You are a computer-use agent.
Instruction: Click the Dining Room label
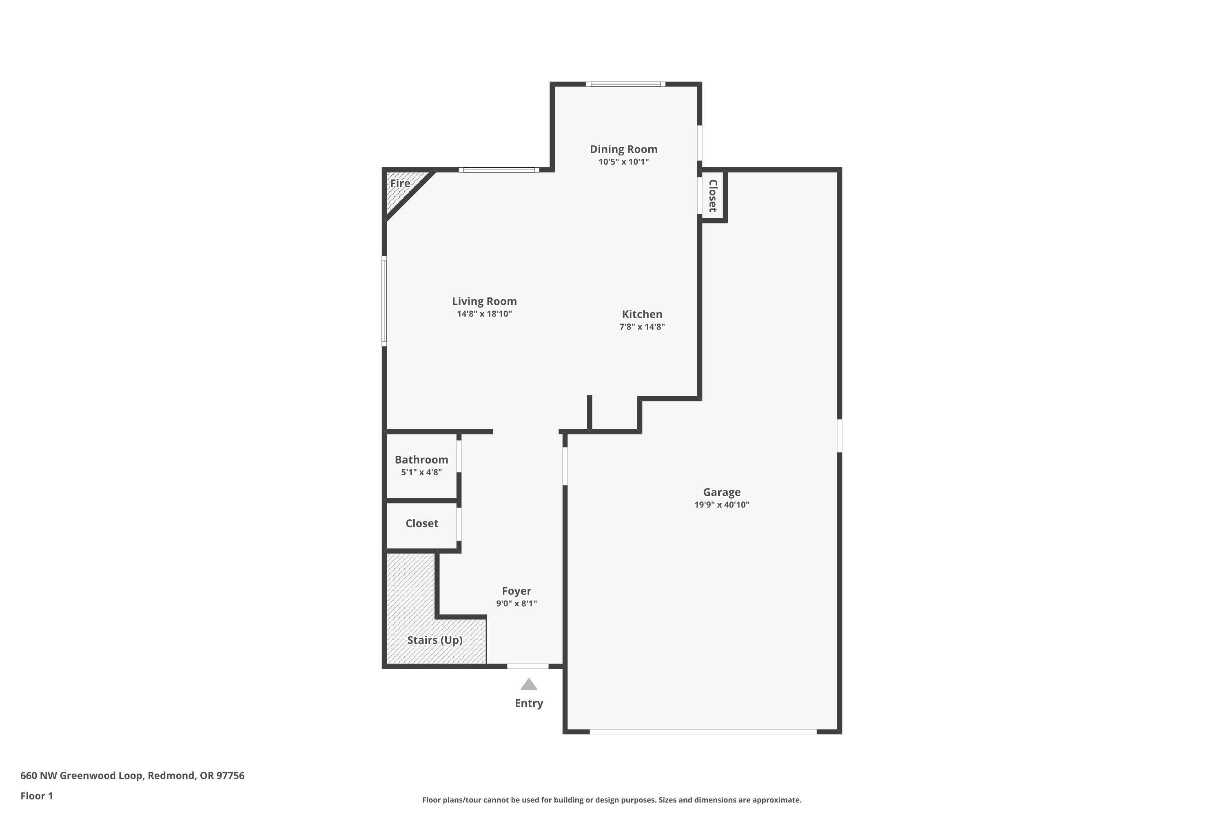(x=623, y=149)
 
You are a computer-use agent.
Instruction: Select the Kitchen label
(x=642, y=314)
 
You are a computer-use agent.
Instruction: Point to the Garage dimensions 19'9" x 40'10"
(x=721, y=504)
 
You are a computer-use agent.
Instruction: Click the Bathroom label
(x=421, y=459)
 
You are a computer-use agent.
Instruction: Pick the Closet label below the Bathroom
(x=421, y=523)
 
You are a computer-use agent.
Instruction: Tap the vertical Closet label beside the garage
(x=713, y=196)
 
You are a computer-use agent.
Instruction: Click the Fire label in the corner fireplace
(x=400, y=183)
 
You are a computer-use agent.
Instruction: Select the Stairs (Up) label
(x=435, y=640)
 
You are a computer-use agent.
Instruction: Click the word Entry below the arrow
(x=529, y=703)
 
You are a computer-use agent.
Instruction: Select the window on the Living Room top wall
(x=499, y=170)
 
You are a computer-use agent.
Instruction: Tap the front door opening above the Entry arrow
(x=528, y=666)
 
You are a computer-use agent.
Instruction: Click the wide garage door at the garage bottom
(x=703, y=732)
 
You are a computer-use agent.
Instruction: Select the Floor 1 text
(x=36, y=796)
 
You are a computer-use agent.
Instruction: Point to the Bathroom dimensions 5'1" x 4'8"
(x=421, y=472)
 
